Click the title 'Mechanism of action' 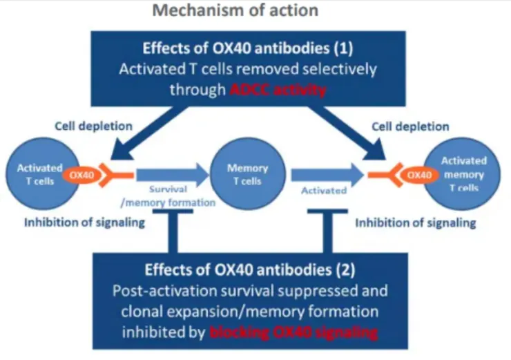(x=236, y=11)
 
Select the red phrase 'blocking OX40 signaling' (x=292, y=332)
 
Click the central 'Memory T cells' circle (x=247, y=175)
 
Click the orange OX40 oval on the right (x=418, y=174)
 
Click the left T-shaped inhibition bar (x=172, y=231)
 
